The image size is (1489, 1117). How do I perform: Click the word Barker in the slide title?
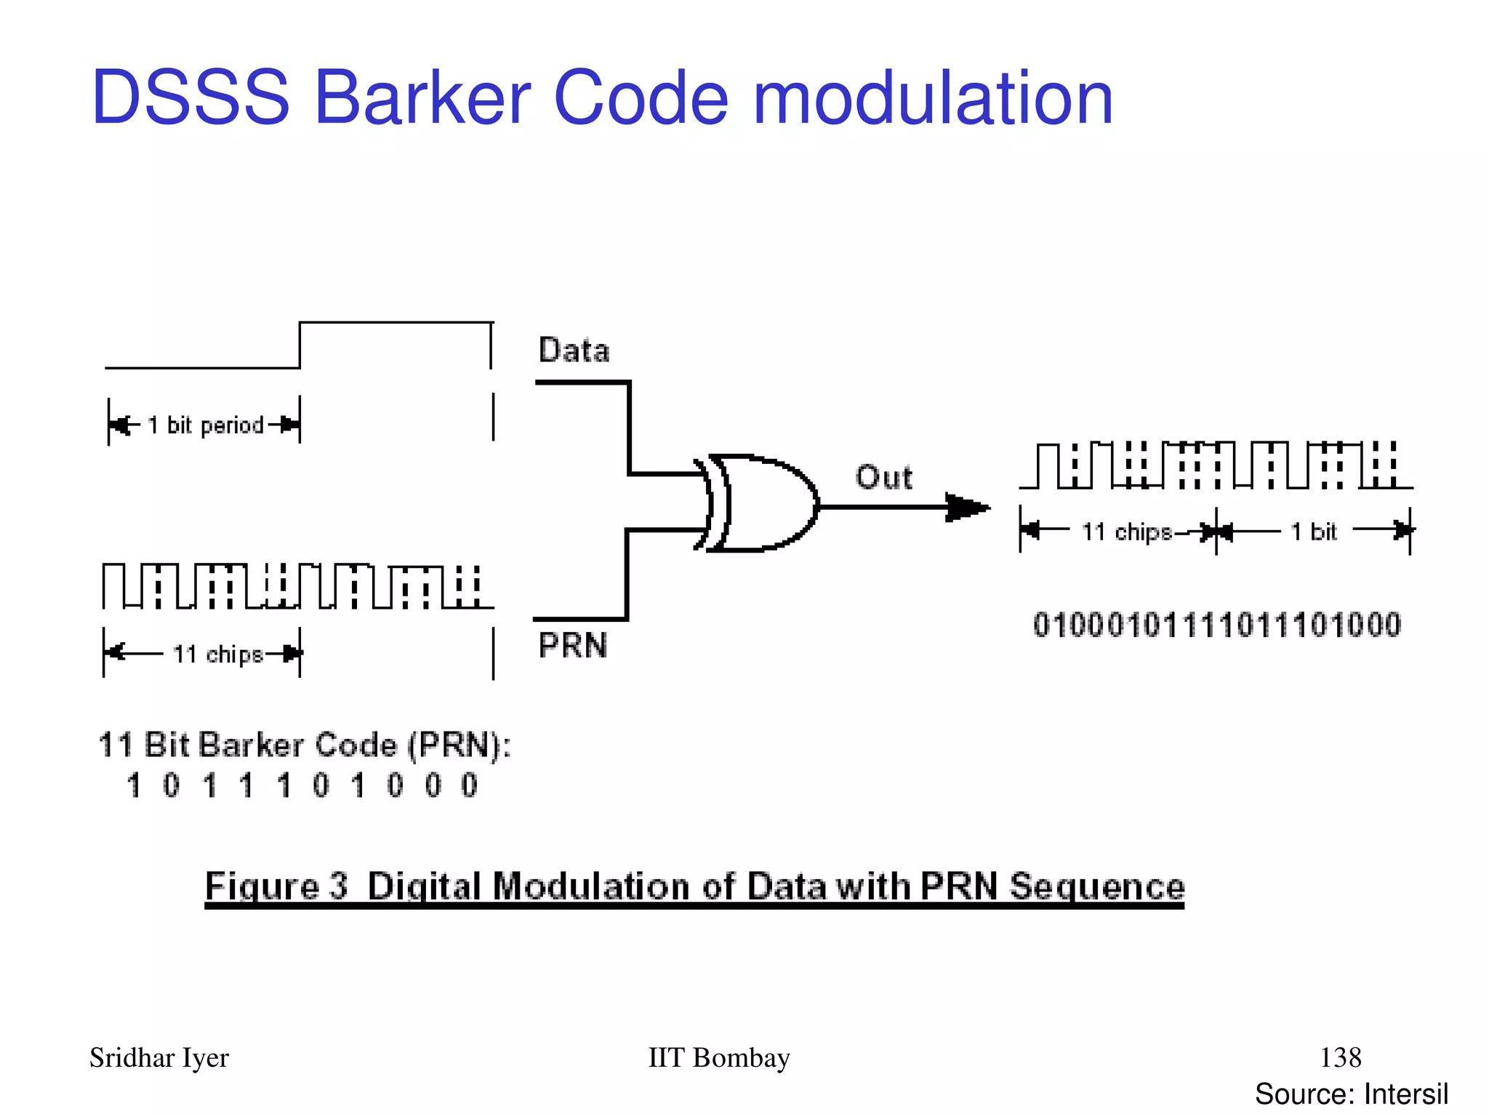[422, 98]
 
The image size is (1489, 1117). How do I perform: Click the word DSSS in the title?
[190, 98]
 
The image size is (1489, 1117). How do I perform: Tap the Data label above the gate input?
[574, 351]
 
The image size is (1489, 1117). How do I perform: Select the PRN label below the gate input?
[573, 645]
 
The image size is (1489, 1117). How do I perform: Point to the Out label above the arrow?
[883, 478]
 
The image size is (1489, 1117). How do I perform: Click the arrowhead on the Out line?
[967, 507]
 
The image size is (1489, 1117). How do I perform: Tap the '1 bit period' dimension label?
[206, 425]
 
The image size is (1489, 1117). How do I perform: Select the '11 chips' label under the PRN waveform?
[217, 654]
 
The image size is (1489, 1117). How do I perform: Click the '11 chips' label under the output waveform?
[1126, 532]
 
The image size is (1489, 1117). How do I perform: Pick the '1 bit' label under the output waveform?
[1314, 532]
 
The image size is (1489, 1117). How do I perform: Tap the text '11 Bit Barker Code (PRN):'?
[305, 745]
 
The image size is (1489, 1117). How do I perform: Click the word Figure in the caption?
[262, 886]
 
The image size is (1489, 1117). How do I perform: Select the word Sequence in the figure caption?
[1097, 886]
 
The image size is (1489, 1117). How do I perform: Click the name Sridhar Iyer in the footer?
[159, 1058]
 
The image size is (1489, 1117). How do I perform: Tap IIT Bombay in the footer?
[718, 1058]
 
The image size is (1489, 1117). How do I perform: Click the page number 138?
[1341, 1057]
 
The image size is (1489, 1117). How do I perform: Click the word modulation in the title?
[933, 98]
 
